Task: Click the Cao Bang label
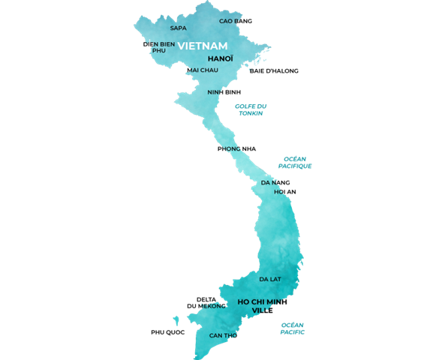tap(235, 21)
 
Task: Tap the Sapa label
tap(178, 28)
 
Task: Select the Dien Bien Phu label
tap(158, 47)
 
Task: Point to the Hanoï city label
tap(220, 58)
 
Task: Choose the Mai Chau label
tap(203, 70)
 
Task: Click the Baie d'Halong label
tap(274, 71)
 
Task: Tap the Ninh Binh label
tap(224, 92)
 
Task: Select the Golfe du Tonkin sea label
tap(251, 109)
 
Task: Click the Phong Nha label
tap(236, 148)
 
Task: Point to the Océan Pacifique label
tap(295, 163)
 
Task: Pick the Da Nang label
tap(275, 182)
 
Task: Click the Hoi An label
tap(285, 192)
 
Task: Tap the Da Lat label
tap(270, 279)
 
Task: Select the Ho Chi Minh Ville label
tap(263, 305)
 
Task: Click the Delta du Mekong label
tap(206, 302)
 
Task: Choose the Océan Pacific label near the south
tap(292, 328)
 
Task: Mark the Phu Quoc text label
tap(167, 331)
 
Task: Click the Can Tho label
tap(223, 335)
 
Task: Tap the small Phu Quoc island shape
tap(175, 321)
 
